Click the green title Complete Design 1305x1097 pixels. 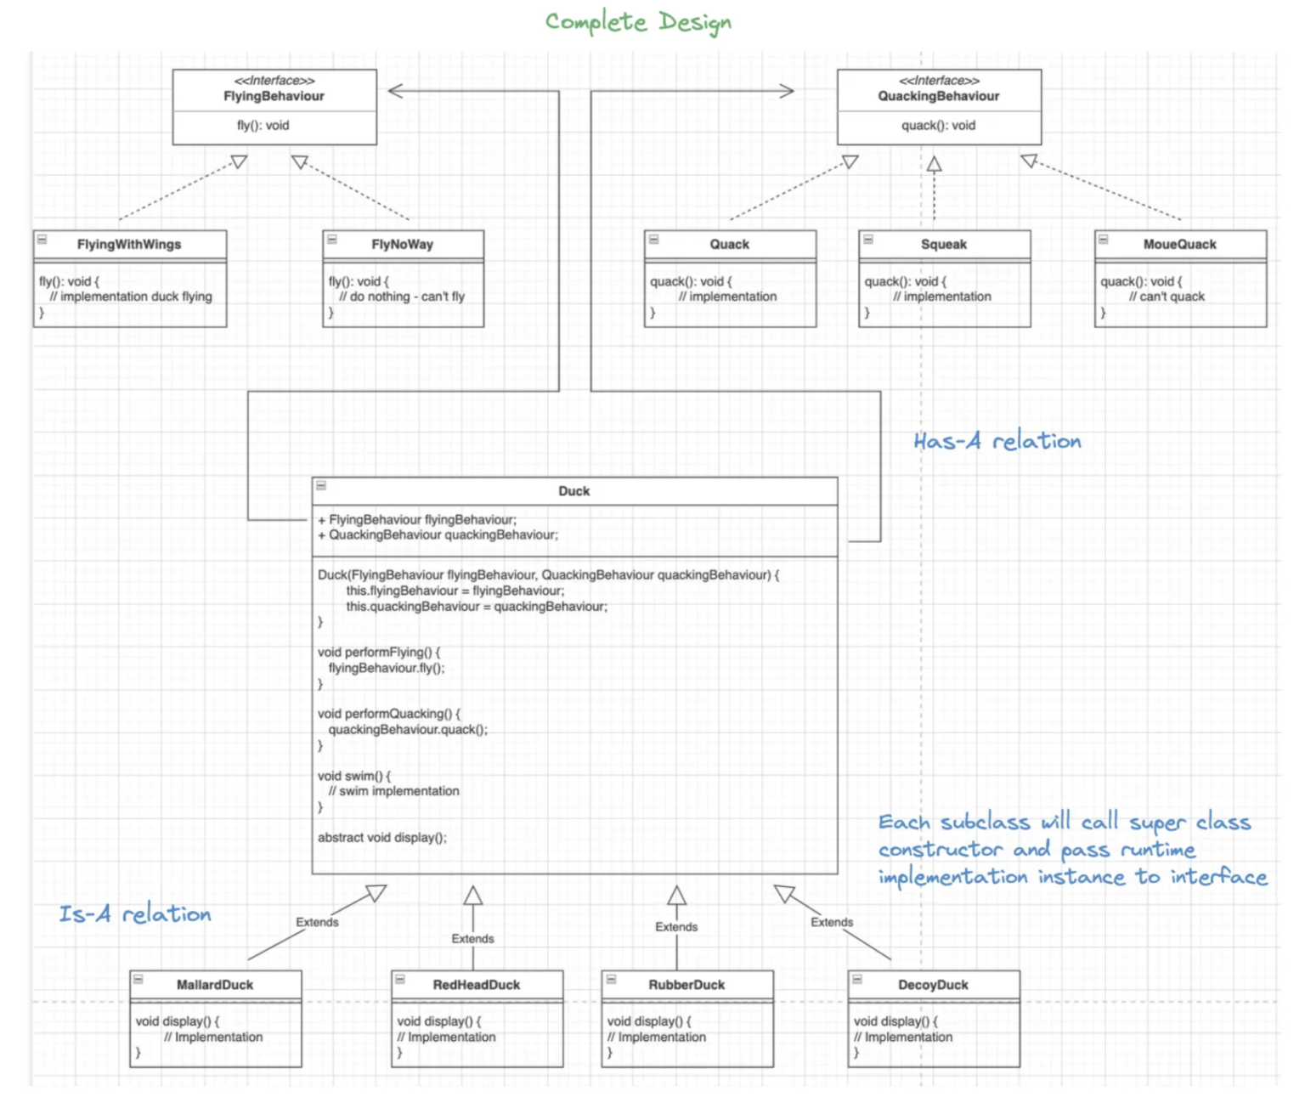point(638,22)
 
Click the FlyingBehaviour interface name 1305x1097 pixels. point(274,96)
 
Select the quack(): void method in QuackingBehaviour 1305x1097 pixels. point(938,125)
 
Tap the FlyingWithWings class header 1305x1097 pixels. point(129,244)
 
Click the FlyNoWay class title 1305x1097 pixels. point(402,244)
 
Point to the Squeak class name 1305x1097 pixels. point(943,244)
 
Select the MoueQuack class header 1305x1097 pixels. point(1179,244)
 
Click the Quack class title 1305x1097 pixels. point(729,244)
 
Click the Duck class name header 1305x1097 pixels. point(573,491)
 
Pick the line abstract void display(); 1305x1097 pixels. point(381,837)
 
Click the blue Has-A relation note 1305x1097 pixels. point(997,441)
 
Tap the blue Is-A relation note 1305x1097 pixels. point(134,914)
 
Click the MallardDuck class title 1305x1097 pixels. point(214,985)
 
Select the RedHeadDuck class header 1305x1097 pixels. point(476,985)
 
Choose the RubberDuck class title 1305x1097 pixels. point(686,985)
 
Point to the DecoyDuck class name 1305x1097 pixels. point(933,985)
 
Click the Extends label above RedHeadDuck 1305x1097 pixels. point(472,938)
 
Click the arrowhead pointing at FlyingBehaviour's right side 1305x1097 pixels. point(396,91)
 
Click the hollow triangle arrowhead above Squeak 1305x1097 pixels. point(934,164)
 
